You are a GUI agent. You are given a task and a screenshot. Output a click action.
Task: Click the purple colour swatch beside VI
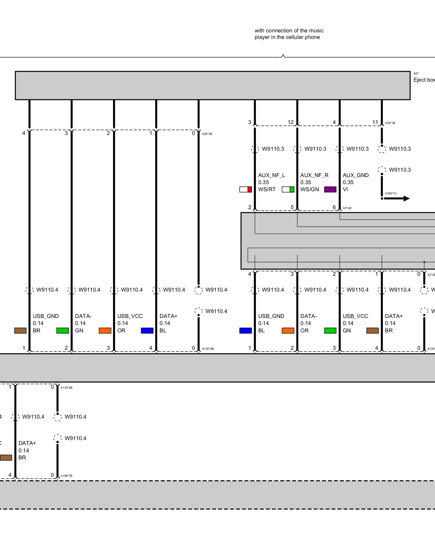pyautogui.click(x=330, y=189)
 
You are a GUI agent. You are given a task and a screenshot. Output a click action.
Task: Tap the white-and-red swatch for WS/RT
pyautogui.click(x=246, y=189)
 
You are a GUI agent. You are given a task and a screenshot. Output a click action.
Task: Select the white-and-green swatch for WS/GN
pyautogui.click(x=288, y=189)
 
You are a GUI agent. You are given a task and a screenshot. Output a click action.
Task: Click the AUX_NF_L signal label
pyautogui.click(x=271, y=175)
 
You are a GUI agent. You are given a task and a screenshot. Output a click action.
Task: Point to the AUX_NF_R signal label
pyautogui.click(x=314, y=175)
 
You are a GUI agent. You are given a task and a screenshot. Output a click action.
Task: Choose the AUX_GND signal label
pyautogui.click(x=355, y=175)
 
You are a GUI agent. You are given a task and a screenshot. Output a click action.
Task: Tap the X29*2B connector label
pyautogui.click(x=207, y=134)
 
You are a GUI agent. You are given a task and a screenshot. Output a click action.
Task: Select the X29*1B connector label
pyautogui.click(x=390, y=123)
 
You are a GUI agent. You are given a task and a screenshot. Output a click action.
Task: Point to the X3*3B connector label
pyautogui.click(x=347, y=208)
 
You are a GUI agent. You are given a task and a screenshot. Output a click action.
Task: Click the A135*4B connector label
pyautogui.click(x=208, y=349)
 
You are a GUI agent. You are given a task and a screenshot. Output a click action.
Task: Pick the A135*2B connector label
pyautogui.click(x=66, y=388)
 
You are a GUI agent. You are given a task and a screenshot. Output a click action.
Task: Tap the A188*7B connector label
pyautogui.click(x=66, y=476)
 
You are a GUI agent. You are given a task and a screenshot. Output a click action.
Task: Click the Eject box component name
pyautogui.click(x=424, y=80)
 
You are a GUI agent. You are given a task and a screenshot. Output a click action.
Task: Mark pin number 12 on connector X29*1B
pyautogui.click(x=291, y=122)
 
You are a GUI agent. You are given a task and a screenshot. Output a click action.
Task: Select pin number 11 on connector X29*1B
pyautogui.click(x=375, y=122)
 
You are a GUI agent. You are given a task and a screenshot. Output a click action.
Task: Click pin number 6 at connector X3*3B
pyautogui.click(x=334, y=207)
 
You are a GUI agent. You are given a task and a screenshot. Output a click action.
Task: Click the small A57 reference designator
pyautogui.click(x=416, y=73)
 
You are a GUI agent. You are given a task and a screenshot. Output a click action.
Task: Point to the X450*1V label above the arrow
pyautogui.click(x=391, y=193)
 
